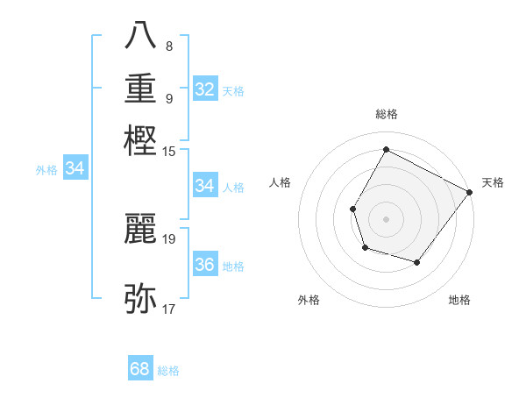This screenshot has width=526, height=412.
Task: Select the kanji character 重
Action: point(141,88)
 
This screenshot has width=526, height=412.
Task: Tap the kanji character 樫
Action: point(141,139)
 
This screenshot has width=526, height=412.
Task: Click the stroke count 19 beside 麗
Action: point(169,238)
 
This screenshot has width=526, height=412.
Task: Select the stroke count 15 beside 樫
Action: point(169,151)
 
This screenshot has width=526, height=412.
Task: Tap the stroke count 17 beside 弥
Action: point(169,309)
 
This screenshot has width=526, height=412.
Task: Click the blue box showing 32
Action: point(205,89)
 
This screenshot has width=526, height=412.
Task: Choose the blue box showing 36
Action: point(205,265)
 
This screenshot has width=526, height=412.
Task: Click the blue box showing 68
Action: point(140,369)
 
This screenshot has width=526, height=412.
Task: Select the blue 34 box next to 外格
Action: point(75,169)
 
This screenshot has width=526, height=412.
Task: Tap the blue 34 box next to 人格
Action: point(205,186)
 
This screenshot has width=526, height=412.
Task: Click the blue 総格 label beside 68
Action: point(168,371)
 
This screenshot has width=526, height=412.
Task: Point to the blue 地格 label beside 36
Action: point(234,266)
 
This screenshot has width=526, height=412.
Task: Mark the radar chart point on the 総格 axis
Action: point(386,150)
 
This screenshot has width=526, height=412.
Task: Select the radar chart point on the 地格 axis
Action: point(417,262)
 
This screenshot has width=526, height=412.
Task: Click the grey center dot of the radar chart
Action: point(386,217)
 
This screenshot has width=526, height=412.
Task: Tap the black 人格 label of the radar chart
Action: point(281,182)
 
